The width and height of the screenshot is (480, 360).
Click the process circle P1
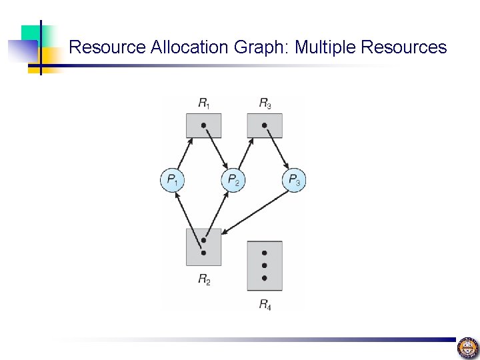(172, 179)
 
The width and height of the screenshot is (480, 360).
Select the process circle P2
(232, 179)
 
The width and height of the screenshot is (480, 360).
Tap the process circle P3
(293, 179)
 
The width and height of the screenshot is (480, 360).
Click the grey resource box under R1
(203, 125)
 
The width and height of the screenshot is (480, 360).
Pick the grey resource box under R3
(264, 125)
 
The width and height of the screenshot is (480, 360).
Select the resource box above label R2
(203, 247)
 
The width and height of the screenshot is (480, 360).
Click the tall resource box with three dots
(264, 265)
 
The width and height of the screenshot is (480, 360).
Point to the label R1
(204, 103)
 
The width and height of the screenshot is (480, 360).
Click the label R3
(265, 103)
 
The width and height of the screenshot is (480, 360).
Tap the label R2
(204, 280)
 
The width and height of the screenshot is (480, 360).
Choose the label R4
(265, 305)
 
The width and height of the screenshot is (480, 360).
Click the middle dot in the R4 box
(264, 265)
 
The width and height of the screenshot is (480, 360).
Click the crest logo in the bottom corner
(467, 347)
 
